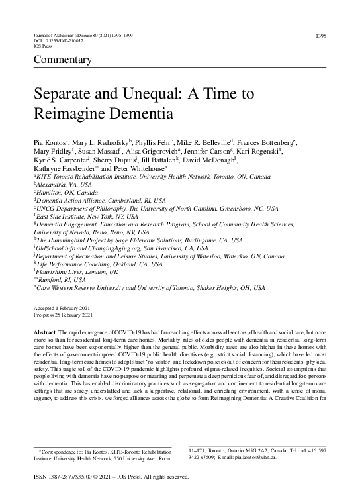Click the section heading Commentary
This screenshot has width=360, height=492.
click(61, 60)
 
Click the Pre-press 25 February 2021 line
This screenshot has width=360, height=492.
click(65, 316)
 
